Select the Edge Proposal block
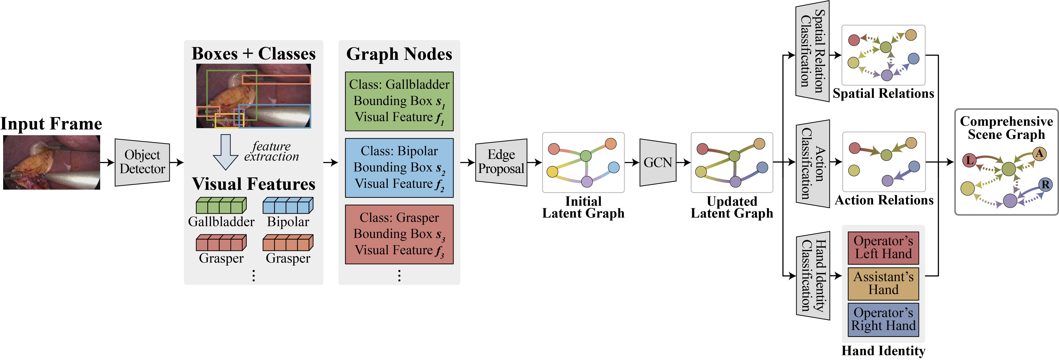501,162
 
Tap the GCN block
658,162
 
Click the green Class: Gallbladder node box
399,101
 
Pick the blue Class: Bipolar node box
399,168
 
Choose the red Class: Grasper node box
399,234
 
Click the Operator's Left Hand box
883,247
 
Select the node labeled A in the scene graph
1039,154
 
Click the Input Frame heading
51,124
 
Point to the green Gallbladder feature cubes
221,205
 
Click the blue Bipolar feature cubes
288,205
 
